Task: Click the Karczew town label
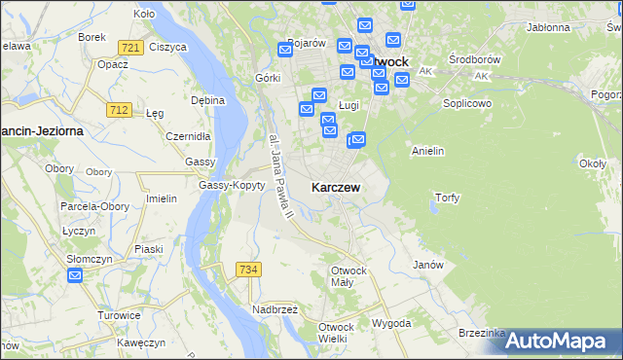(x=338, y=187)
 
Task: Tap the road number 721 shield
(x=129, y=47)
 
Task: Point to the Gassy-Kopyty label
(x=232, y=185)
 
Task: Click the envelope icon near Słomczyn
(x=76, y=276)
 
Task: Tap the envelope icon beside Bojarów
(x=285, y=48)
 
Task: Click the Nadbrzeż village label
(x=276, y=308)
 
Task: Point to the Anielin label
(x=428, y=151)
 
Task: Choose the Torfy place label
(x=447, y=198)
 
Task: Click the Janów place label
(x=428, y=265)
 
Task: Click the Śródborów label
(x=473, y=58)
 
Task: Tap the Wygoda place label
(x=391, y=323)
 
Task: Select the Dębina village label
(x=208, y=100)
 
